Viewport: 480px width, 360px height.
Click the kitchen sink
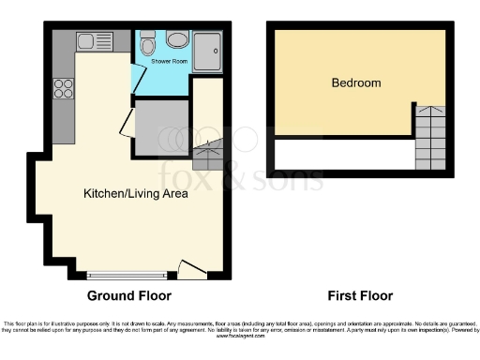93,42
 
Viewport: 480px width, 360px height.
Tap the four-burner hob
65,89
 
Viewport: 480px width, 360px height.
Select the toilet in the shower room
147,44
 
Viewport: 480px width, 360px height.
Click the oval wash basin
176,39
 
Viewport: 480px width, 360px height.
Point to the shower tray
208,47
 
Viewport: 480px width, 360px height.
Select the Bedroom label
356,82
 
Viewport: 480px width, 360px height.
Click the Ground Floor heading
129,295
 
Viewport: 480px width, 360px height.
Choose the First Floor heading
360,295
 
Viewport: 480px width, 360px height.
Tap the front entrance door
191,270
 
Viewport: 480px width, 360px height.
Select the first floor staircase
429,136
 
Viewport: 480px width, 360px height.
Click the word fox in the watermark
187,174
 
